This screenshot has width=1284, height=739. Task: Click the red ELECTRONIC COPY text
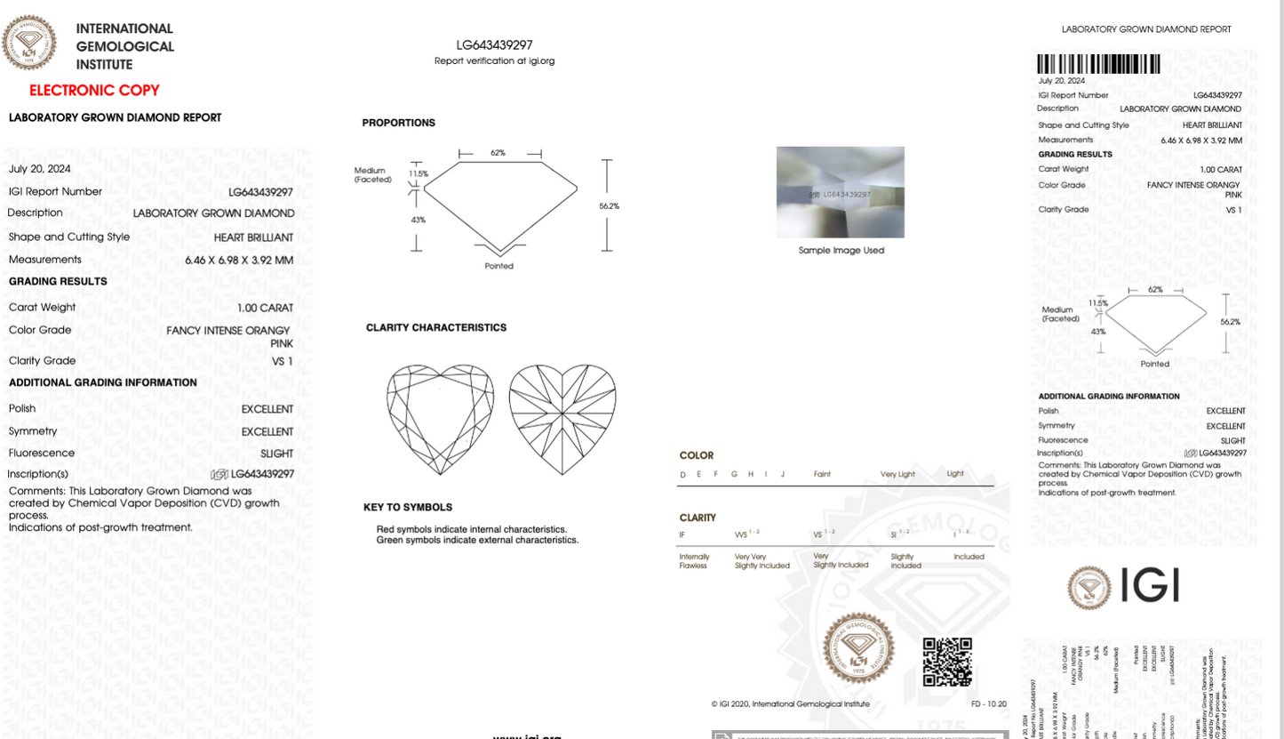pyautogui.click(x=94, y=90)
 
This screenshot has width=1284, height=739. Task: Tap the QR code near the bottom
pyautogui.click(x=946, y=663)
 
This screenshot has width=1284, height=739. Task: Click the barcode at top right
pyautogui.click(x=1098, y=64)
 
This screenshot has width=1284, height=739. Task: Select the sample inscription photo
pyautogui.click(x=840, y=192)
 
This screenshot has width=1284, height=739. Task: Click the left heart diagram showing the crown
pyautogui.click(x=441, y=418)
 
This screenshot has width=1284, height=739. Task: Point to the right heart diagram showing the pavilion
pyautogui.click(x=562, y=418)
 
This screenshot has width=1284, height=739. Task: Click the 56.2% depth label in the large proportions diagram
pyautogui.click(x=609, y=206)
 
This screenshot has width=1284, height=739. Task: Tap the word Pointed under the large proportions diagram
pyautogui.click(x=498, y=266)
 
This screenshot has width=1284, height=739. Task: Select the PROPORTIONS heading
pyautogui.click(x=398, y=123)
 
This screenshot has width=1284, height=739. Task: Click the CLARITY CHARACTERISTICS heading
pyautogui.click(x=435, y=327)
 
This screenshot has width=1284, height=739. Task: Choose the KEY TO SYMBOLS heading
pyautogui.click(x=407, y=507)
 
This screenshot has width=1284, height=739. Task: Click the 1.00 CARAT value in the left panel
pyautogui.click(x=265, y=308)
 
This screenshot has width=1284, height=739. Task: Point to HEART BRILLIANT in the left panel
pyautogui.click(x=253, y=237)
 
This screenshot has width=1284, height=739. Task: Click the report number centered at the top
pyautogui.click(x=494, y=44)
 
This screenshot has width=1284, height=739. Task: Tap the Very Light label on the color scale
pyautogui.click(x=897, y=474)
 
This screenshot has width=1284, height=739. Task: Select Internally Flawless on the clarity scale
pyautogui.click(x=693, y=561)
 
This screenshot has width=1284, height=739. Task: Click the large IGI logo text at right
pyautogui.click(x=1150, y=585)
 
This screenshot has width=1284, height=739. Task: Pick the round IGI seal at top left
pyautogui.click(x=29, y=43)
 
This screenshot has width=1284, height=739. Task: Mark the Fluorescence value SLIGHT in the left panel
pyautogui.click(x=276, y=454)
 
